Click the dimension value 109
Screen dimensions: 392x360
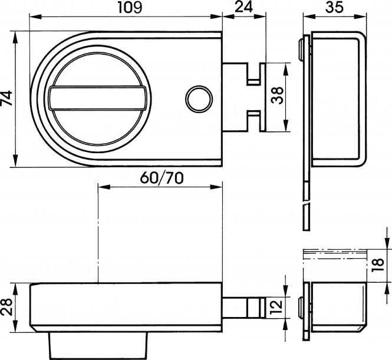tap(130, 7)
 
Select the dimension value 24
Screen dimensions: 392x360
tap(244, 6)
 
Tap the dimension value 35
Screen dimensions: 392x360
tap(334, 7)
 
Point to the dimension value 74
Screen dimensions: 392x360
tap(6, 98)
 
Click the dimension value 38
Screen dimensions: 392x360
tap(278, 95)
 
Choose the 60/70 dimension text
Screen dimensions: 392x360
tap(162, 178)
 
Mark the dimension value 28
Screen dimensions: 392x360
tap(6, 307)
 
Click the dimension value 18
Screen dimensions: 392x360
tap(378, 265)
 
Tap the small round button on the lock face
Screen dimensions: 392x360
tap(199, 98)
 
